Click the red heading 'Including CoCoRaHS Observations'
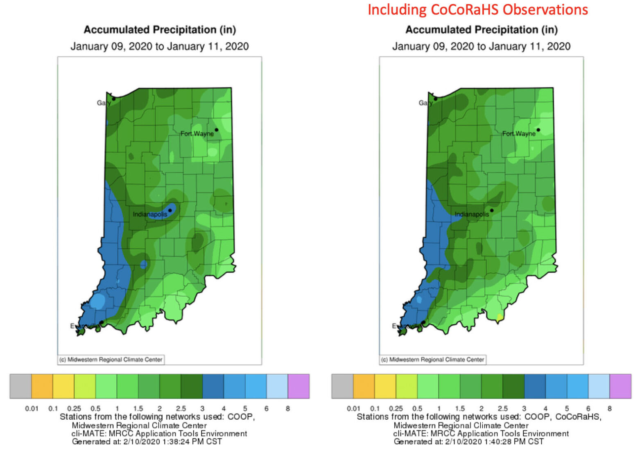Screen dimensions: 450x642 [x=477, y=9]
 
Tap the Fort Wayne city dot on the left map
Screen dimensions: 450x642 [x=216, y=130]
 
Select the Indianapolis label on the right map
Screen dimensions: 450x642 [x=472, y=214]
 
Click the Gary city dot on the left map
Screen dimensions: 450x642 [x=114, y=99]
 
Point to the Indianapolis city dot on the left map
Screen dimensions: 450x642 [x=170, y=210]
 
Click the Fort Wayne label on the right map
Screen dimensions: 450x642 [x=519, y=133]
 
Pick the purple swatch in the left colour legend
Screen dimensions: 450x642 [x=298, y=386]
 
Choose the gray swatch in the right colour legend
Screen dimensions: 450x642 [x=342, y=386]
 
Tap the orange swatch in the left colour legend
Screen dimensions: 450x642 [x=42, y=386]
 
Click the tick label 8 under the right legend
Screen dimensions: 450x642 [x=610, y=408]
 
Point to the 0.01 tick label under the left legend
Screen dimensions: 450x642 [x=32, y=408]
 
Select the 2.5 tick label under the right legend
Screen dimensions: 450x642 [x=502, y=408]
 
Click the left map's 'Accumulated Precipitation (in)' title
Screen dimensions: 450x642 [x=160, y=30]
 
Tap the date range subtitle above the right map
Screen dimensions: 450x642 [x=481, y=46]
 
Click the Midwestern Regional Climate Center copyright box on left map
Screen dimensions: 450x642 [x=111, y=360]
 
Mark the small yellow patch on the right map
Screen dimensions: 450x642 [x=500, y=317]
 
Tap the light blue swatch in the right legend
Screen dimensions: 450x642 [x=599, y=386]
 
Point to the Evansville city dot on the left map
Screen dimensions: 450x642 [x=102, y=323]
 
